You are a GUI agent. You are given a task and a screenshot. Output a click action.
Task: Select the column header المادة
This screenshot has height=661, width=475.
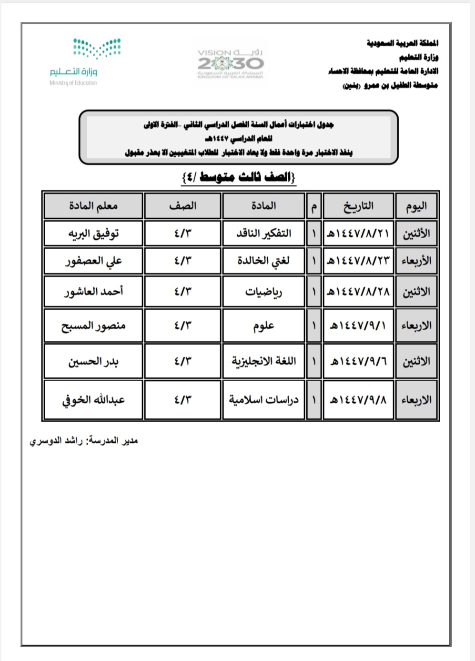(263, 206)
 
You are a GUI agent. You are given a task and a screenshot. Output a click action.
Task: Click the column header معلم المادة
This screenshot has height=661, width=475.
(93, 206)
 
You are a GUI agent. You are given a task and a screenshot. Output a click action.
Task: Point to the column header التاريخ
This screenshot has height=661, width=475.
(358, 206)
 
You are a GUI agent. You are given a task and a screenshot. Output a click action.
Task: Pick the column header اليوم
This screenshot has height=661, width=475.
(416, 206)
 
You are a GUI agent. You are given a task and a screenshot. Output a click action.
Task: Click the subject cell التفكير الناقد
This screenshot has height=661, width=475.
(263, 234)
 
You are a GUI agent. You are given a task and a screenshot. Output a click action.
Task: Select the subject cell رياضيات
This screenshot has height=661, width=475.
(263, 292)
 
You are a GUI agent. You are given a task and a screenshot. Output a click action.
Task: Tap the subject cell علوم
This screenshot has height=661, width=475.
(263, 326)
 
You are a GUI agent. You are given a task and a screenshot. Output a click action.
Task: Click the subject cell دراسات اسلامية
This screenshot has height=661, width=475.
(263, 400)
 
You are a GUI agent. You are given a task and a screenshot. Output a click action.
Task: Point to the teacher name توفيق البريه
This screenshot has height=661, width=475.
(93, 234)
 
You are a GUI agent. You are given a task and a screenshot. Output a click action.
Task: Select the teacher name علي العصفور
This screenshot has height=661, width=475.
(93, 261)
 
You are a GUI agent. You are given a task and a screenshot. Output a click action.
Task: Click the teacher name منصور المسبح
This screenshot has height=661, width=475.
(93, 326)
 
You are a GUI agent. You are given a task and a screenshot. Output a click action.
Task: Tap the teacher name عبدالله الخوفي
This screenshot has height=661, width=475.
(93, 400)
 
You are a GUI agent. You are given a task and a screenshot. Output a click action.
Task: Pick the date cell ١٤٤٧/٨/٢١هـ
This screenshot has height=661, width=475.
(358, 234)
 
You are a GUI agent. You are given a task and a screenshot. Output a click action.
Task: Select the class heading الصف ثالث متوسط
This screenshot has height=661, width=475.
(239, 177)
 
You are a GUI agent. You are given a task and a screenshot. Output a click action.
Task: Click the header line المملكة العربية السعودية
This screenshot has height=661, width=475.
(402, 43)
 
